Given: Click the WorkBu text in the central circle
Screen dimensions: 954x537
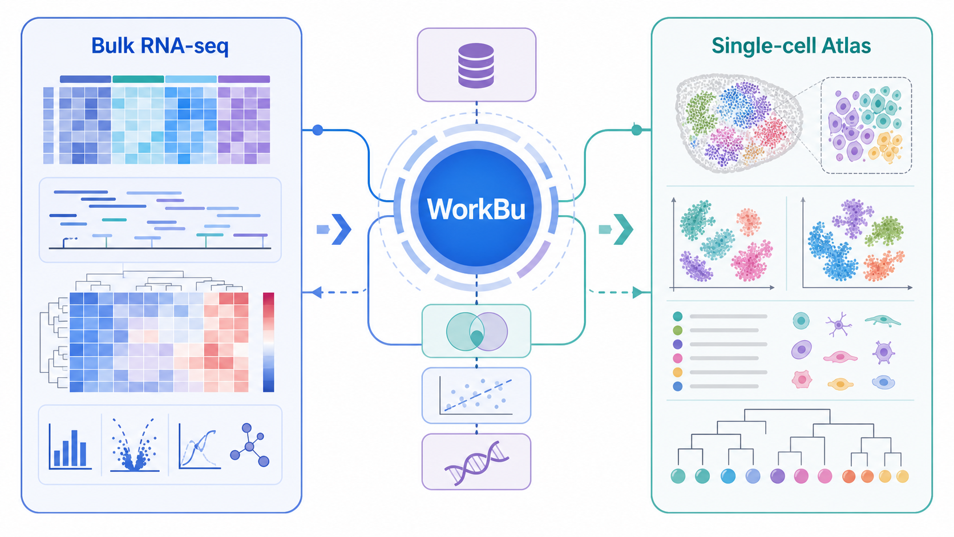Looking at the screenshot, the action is click(476, 209).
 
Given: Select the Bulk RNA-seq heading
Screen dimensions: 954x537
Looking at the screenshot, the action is click(160, 46).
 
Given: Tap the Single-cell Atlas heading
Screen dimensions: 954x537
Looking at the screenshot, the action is click(791, 46).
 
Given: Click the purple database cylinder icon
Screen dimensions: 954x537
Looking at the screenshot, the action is click(476, 65).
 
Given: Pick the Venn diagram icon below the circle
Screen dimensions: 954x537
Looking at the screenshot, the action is click(476, 332).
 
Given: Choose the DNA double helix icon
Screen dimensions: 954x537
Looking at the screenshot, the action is click(476, 463).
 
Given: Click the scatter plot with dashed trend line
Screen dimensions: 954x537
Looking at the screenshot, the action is click(476, 395).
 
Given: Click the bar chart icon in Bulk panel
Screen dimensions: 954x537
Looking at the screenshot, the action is click(70, 447).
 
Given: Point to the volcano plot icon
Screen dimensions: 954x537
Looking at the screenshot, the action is click(135, 445).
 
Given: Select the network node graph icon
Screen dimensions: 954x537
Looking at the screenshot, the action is click(249, 445).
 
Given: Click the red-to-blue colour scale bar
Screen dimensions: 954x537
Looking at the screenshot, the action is click(268, 342).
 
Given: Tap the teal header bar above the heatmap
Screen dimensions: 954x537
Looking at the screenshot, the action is click(138, 79).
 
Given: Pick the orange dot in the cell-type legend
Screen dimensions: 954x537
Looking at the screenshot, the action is click(678, 372).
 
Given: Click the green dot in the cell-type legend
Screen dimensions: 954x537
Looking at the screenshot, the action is click(678, 330).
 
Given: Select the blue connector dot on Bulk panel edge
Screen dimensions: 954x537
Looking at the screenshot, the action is click(318, 130).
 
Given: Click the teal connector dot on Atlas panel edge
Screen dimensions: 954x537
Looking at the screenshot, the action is click(637, 130).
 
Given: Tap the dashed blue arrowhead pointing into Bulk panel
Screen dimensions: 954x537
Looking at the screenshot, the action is click(317, 292).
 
